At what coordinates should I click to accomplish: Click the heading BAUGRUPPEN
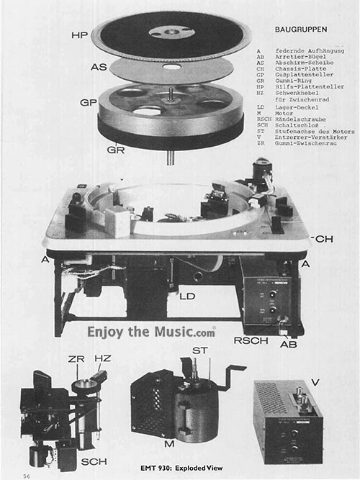302,30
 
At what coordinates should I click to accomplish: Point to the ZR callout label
68,358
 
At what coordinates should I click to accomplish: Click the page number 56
27,475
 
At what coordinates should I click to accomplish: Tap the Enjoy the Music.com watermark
151,332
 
